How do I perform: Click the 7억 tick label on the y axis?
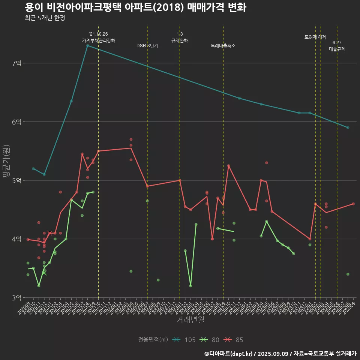[x=17, y=63]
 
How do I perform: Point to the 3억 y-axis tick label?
[x=17, y=298]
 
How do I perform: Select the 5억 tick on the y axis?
[x=17, y=180]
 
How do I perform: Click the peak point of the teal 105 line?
[x=87, y=45]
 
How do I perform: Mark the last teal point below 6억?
[x=348, y=127]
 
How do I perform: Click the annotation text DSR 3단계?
[x=147, y=46]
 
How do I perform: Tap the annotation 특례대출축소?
[x=223, y=46]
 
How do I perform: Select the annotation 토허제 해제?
[x=315, y=37]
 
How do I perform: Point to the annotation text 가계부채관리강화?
[x=99, y=40]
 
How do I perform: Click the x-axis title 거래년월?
[x=190, y=320]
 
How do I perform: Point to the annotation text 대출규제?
[x=337, y=49]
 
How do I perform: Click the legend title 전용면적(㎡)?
[x=153, y=340]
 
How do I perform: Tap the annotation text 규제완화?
[x=180, y=40]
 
